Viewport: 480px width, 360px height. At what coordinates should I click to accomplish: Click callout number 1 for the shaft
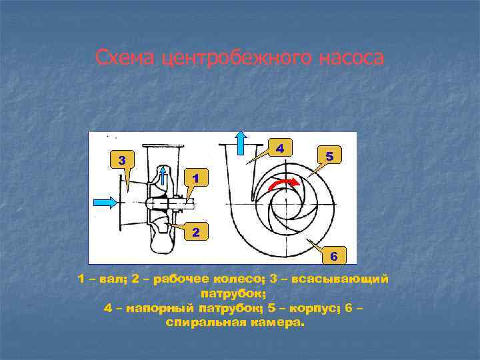pyautogui.click(x=194, y=178)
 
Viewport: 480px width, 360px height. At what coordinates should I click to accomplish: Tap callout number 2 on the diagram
pyautogui.click(x=194, y=233)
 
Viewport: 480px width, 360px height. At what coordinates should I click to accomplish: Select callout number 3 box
pyautogui.click(x=121, y=160)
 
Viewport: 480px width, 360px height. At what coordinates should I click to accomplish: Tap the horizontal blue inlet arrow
pyautogui.click(x=105, y=201)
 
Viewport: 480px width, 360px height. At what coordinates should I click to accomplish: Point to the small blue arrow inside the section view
pyautogui.click(x=165, y=176)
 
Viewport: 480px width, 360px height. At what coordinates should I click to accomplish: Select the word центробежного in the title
pyautogui.click(x=233, y=58)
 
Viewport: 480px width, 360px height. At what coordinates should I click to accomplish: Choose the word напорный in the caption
pyautogui.click(x=154, y=308)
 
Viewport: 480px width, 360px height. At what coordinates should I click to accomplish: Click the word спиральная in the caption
pyautogui.click(x=205, y=323)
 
